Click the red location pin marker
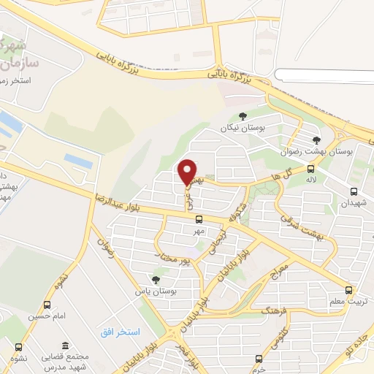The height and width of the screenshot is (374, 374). [x=188, y=172]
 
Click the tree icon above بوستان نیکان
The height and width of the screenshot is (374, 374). [x=243, y=115]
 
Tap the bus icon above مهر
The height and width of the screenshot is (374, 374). [x=198, y=218]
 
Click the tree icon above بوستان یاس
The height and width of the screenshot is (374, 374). [x=155, y=278]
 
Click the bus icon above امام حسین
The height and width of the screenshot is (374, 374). [x=47, y=305]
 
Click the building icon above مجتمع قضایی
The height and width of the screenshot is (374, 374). [x=66, y=346]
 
